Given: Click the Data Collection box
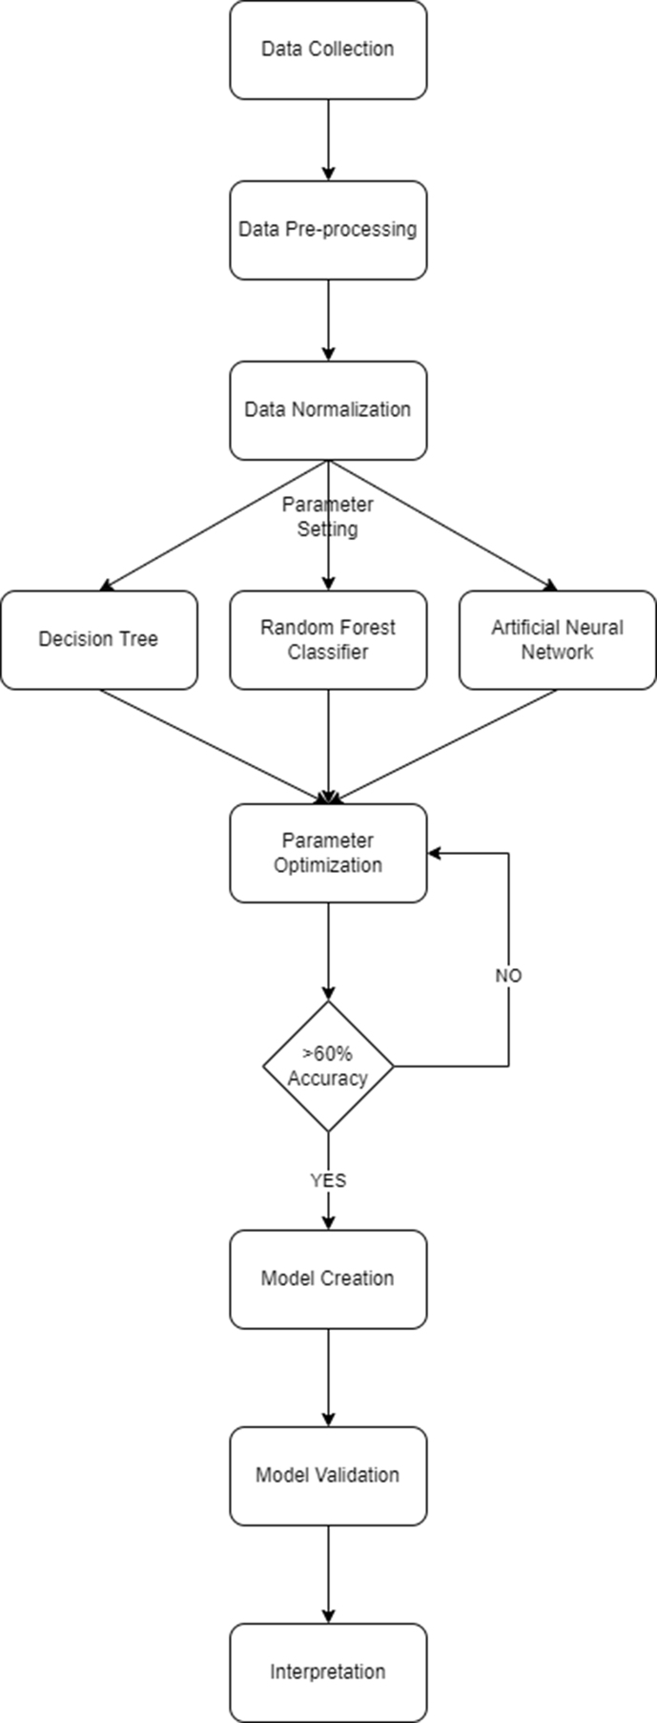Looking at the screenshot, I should tap(328, 50).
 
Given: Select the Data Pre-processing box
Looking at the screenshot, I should tap(328, 230).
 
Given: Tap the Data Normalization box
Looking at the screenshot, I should tap(328, 410).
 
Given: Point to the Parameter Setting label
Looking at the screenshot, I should tap(328, 516).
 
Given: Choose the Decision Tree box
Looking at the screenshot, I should tap(99, 639).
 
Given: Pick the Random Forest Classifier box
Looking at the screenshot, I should tap(328, 639).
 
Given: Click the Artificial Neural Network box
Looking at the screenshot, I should tap(557, 639).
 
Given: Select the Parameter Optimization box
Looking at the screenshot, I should tap(328, 853).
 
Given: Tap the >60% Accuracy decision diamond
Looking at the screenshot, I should tap(328, 1067).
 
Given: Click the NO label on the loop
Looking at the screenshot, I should tap(508, 976).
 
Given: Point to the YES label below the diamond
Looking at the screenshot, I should tap(328, 1180).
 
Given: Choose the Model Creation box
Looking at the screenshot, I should tap(328, 1278).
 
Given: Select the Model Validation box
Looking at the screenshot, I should tap(328, 1475).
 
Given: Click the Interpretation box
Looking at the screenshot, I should tap(328, 1672).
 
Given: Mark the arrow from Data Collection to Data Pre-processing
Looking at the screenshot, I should tap(328, 139).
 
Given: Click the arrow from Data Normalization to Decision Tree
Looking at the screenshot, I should tap(215, 525).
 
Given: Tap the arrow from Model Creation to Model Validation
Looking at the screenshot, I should tap(328, 1377).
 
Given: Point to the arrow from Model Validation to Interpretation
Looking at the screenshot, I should tap(328, 1573).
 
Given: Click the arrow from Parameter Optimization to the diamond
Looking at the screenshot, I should tap(328, 950).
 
